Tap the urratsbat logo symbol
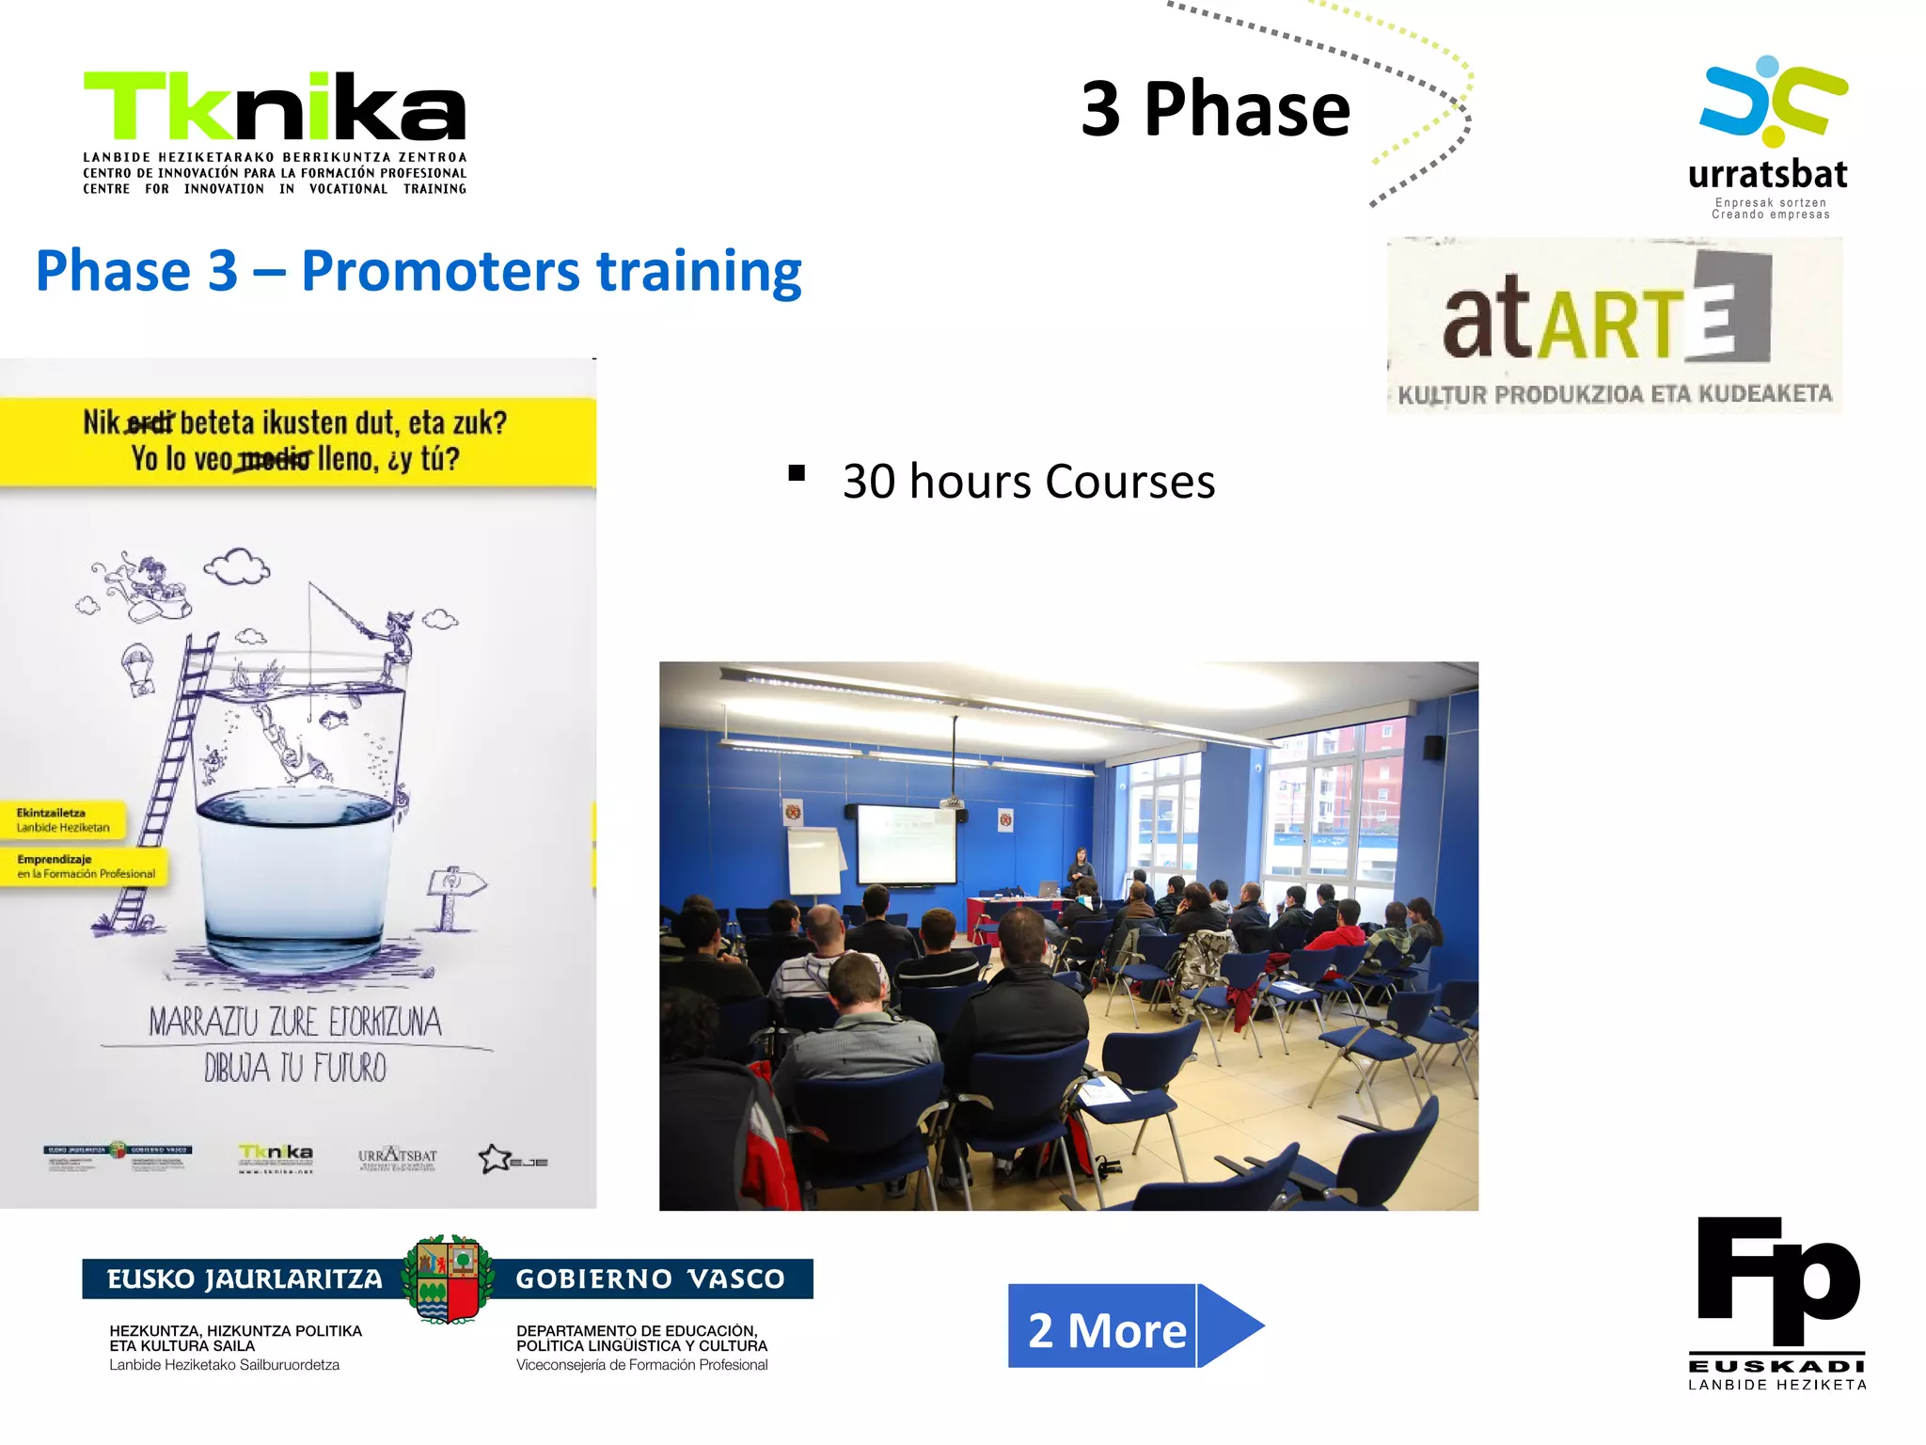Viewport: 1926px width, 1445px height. [x=1774, y=102]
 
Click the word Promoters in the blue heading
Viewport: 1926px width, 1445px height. [x=440, y=272]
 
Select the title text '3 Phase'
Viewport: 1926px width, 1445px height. [x=1215, y=109]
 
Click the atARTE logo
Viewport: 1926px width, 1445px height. [x=1614, y=325]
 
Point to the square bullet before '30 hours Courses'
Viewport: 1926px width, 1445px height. [x=797, y=473]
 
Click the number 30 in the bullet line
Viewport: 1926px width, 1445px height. [x=869, y=482]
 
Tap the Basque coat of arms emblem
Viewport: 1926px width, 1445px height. [x=449, y=1279]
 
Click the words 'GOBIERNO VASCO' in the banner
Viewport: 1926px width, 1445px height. [x=650, y=1279]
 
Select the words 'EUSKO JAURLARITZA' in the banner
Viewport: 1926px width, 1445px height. [x=245, y=1279]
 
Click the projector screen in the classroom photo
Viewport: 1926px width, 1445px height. [x=905, y=844]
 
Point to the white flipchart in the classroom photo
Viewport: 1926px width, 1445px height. [x=813, y=861]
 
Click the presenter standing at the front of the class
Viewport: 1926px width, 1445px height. [x=1081, y=870]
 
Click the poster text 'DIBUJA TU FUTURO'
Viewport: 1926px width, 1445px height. [x=295, y=1069]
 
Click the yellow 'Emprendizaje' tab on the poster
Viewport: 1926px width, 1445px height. [x=85, y=866]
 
